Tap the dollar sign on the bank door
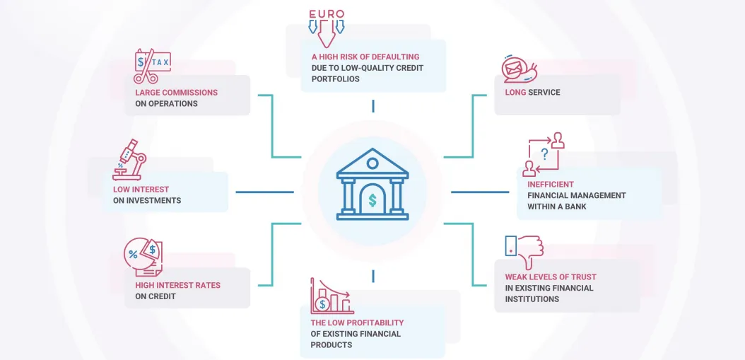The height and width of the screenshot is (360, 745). pyautogui.click(x=372, y=201)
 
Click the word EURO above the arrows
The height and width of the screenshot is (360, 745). pyautogui.click(x=326, y=13)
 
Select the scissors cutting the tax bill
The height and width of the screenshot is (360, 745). pyautogui.click(x=145, y=67)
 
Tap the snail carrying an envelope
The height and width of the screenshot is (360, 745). pyautogui.click(x=520, y=69)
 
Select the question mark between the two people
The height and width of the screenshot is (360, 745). pyautogui.click(x=544, y=153)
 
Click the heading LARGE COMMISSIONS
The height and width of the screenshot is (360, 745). pyautogui.click(x=176, y=92)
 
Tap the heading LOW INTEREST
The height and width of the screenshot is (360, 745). pyautogui.click(x=141, y=190)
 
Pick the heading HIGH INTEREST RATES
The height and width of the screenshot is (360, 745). pyautogui.click(x=177, y=285)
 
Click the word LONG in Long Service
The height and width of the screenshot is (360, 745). pyautogui.click(x=515, y=92)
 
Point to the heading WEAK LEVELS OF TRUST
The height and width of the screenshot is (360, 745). pyautogui.click(x=550, y=277)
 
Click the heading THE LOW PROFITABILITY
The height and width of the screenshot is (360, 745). pyautogui.click(x=357, y=323)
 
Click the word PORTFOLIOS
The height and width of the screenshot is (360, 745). pyautogui.click(x=336, y=79)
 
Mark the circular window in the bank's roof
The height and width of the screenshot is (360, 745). pyautogui.click(x=372, y=163)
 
